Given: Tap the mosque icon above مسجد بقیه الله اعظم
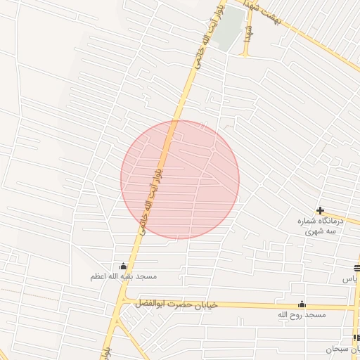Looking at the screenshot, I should click(x=124, y=266).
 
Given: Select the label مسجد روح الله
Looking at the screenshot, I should click(x=302, y=315).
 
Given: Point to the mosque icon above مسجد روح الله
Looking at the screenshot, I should click(x=302, y=304).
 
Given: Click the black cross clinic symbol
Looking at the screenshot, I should click(x=320, y=210).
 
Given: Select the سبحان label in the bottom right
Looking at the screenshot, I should click(x=342, y=349).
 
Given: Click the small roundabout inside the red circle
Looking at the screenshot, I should click(x=212, y=150).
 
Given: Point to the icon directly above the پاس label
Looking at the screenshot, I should click(x=356, y=267).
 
